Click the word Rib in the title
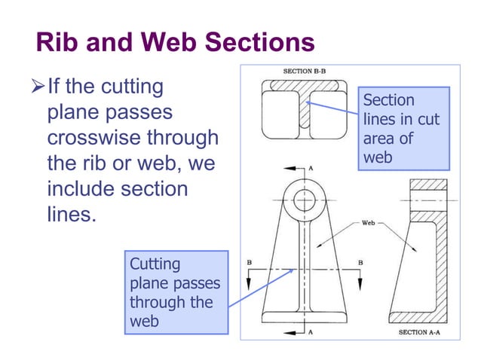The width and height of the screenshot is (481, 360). (x=56, y=43)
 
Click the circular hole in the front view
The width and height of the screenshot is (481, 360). (x=305, y=200)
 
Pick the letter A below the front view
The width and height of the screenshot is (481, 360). (x=311, y=331)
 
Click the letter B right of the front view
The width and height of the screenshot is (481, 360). (x=360, y=261)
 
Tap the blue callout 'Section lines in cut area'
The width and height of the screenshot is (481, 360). (x=403, y=129)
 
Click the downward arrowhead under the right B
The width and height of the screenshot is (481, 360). (x=360, y=285)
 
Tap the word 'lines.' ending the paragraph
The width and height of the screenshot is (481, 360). (x=72, y=213)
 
